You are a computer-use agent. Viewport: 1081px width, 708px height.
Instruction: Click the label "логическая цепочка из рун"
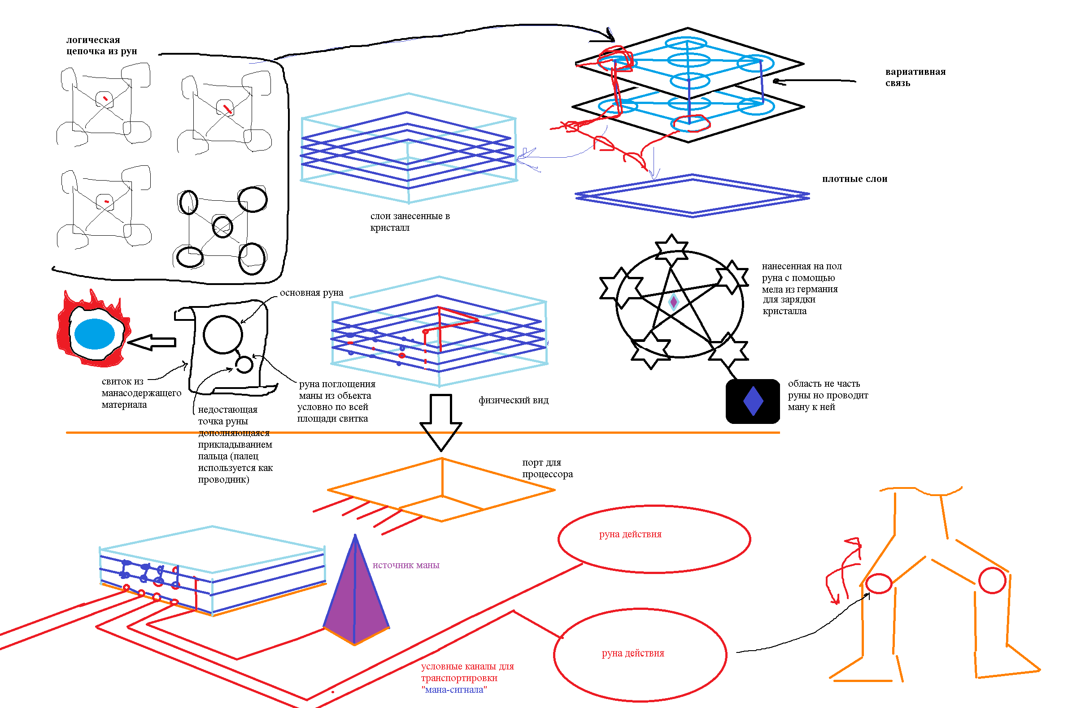pos(102,45)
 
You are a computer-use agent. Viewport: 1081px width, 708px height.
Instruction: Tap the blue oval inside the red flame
pos(95,333)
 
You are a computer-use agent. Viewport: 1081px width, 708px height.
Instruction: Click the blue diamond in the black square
pos(753,401)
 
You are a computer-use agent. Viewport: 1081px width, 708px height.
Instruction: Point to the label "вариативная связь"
pos(915,77)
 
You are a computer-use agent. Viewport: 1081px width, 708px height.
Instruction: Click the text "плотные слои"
pos(854,179)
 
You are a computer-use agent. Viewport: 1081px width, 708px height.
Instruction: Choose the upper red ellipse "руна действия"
pos(654,539)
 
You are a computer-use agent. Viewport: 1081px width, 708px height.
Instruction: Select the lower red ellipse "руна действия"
pos(640,655)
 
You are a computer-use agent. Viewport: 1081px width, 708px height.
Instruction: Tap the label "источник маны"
pos(406,565)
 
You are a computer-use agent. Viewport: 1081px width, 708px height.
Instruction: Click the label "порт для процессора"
pos(547,468)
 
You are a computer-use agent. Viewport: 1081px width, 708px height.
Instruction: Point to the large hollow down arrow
pos(440,422)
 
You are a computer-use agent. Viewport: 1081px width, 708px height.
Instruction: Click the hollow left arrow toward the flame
pos(152,342)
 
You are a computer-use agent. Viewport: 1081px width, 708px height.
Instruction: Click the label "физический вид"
pos(513,400)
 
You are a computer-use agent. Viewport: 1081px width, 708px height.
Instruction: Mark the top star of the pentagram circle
pos(671,250)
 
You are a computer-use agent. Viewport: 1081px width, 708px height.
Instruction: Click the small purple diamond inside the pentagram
pos(674,302)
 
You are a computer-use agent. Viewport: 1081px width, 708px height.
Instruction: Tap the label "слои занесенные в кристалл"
pos(410,221)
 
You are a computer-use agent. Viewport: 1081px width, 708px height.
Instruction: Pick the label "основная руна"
pos(312,293)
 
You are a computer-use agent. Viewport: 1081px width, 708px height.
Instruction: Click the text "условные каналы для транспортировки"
pos(467,672)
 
